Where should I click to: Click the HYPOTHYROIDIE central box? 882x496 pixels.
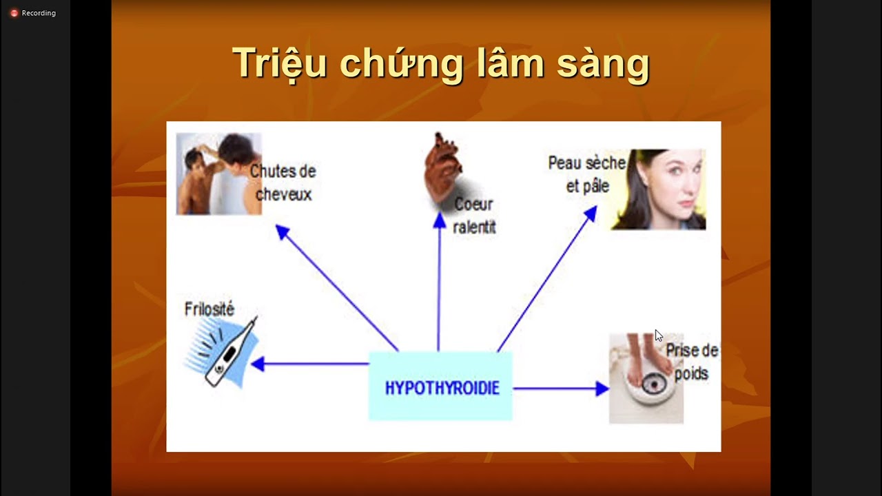click(x=441, y=386)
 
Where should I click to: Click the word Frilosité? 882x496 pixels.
click(x=209, y=309)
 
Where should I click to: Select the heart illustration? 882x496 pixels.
click(x=441, y=167)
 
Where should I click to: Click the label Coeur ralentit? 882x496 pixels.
click(x=474, y=216)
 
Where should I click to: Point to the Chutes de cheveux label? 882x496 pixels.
click(x=283, y=183)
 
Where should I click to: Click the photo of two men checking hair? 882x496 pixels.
click(x=218, y=174)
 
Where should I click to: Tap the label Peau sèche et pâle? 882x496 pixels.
click(x=586, y=174)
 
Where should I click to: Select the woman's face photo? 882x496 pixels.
click(x=660, y=189)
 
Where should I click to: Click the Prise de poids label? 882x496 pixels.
click(x=690, y=362)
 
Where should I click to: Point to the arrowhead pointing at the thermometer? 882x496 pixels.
click(x=257, y=364)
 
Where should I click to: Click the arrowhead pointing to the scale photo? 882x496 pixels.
click(x=602, y=389)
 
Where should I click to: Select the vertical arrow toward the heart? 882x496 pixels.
click(x=439, y=289)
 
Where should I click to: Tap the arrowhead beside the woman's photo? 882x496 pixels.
click(x=590, y=214)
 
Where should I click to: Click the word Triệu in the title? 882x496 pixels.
click(x=279, y=63)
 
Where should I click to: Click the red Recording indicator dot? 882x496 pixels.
click(x=14, y=13)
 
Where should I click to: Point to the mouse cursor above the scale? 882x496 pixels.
click(x=658, y=335)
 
